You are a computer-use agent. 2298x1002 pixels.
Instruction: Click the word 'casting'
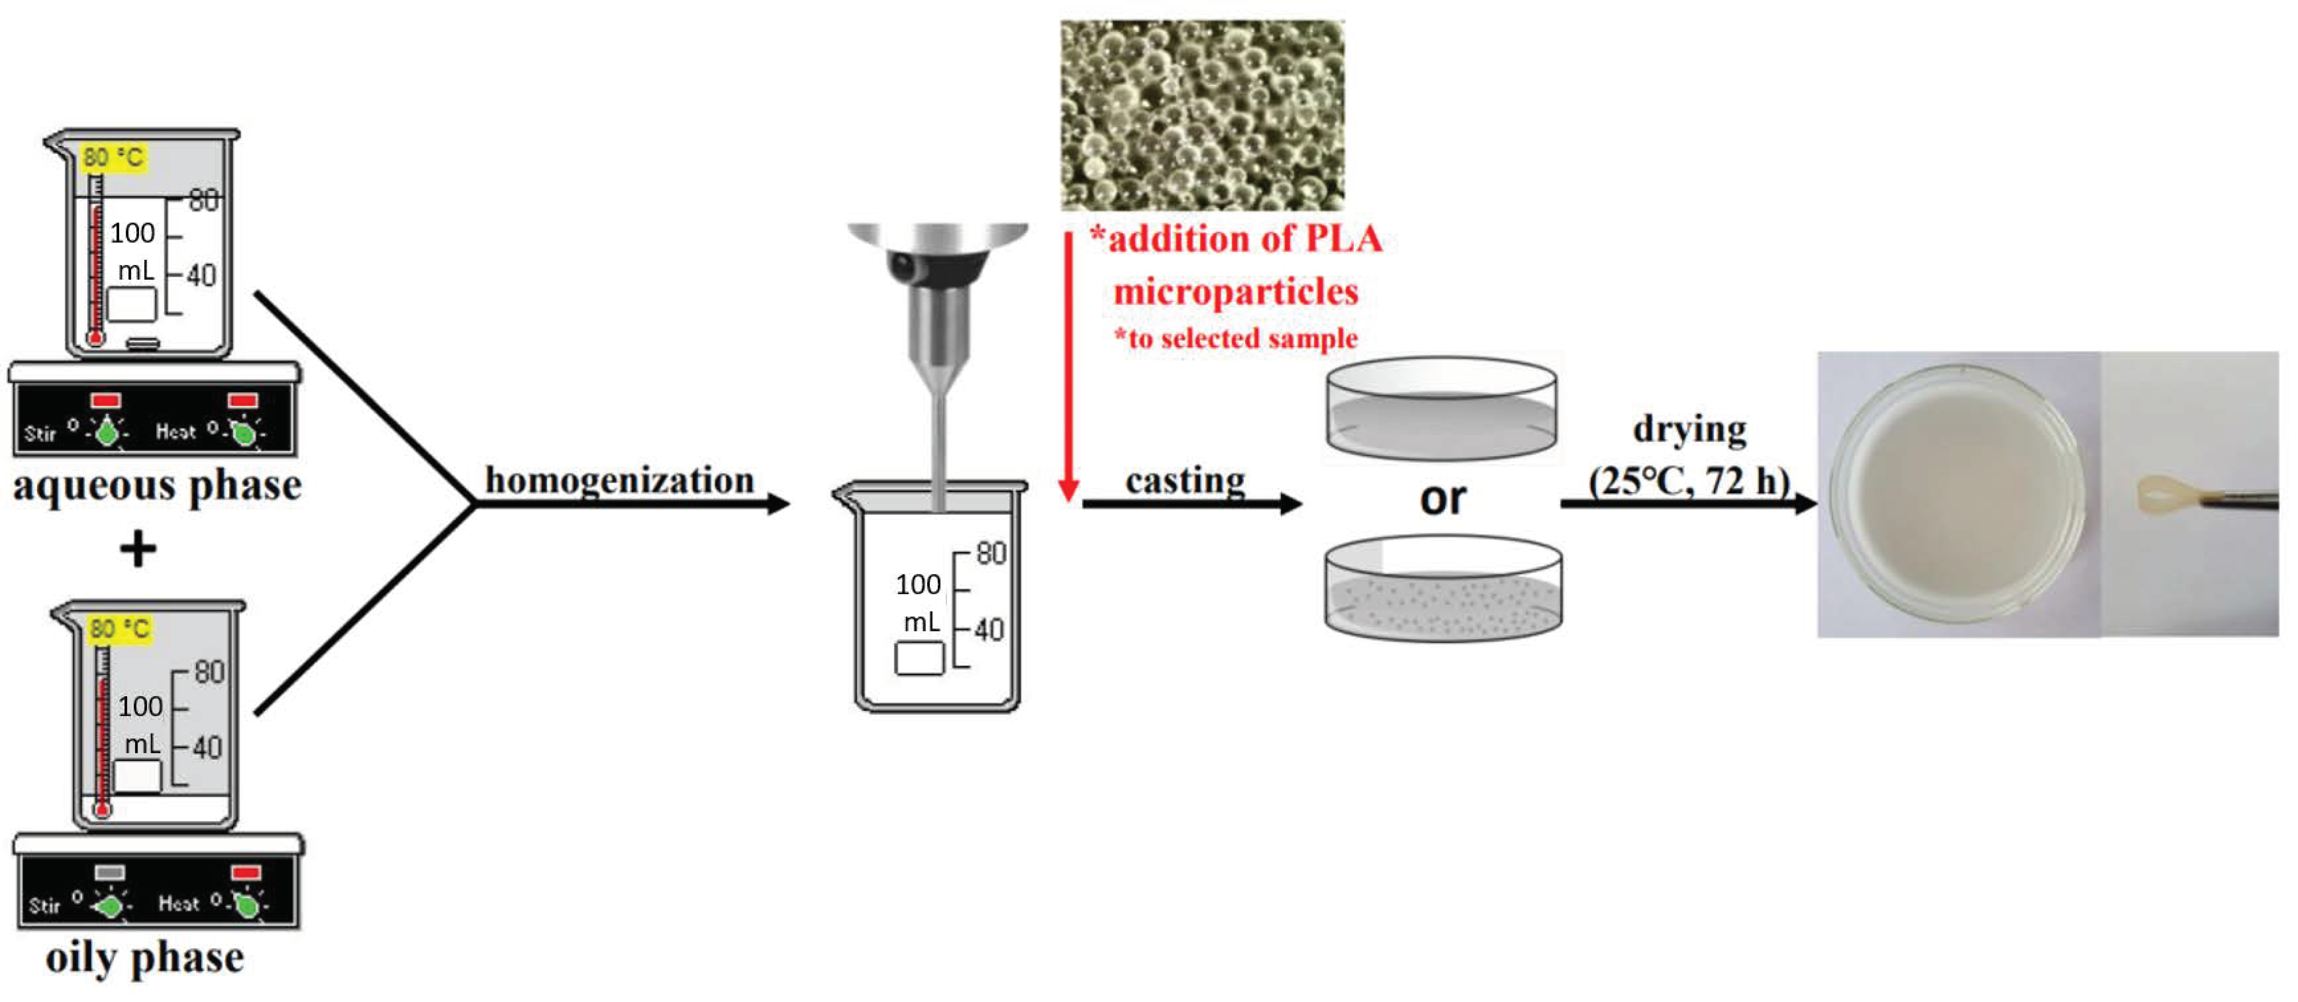pos(1185,480)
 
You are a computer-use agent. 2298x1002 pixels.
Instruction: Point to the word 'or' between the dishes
pos(1442,498)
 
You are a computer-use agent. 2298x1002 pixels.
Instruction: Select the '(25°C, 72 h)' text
pos(1689,482)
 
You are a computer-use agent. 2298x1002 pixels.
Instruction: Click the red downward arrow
pos(1068,366)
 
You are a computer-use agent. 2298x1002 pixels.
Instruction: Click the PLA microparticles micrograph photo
pos(1201,114)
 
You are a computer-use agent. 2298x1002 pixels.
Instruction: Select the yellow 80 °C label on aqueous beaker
pos(113,158)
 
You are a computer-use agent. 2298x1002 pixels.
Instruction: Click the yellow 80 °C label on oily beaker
pos(120,629)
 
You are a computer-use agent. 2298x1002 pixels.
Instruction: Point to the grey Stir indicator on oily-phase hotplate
pos(110,872)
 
